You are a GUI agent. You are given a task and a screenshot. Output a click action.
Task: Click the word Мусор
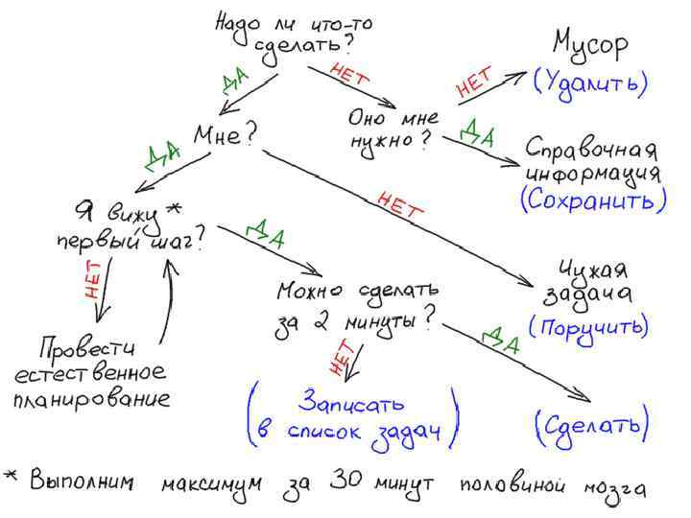coord(590,44)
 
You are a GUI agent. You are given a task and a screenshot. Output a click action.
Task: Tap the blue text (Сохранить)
coord(593,200)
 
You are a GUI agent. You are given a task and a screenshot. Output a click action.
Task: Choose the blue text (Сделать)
coord(590,423)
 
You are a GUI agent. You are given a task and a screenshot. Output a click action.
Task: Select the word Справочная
coord(591,152)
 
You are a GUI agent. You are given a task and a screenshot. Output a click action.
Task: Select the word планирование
coord(92,397)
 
